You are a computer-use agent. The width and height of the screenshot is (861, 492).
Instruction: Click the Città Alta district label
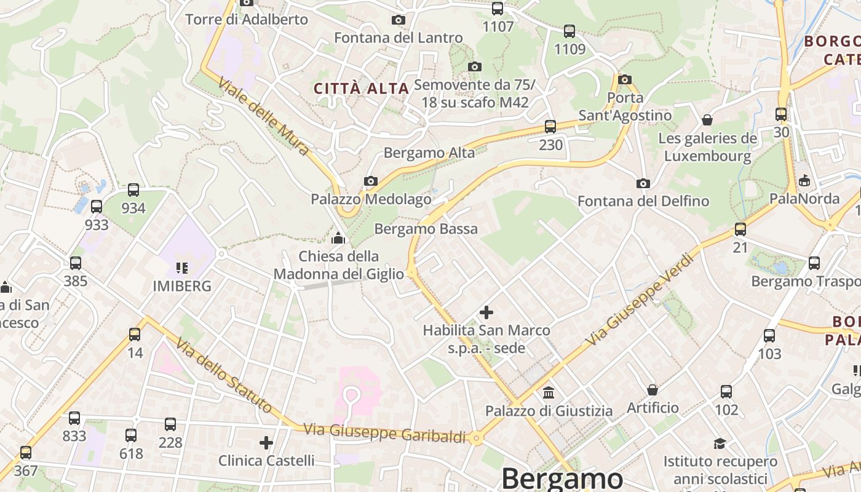pos(362,89)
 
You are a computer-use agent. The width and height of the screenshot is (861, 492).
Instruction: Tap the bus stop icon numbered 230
pos(550,127)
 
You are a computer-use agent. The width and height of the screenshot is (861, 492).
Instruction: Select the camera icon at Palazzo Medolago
pos(370,181)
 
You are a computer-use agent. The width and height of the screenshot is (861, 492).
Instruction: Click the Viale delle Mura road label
pos(264,116)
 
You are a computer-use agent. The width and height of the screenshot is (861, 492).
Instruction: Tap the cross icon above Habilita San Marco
pos(486,312)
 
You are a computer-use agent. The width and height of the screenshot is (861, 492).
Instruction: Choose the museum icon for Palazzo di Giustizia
pos(549,392)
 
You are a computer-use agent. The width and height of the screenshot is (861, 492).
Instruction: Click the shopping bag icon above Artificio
pos(653,390)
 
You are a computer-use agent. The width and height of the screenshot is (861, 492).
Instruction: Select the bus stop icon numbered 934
pos(133,190)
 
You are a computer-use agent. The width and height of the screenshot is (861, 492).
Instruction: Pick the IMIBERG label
pos(182,286)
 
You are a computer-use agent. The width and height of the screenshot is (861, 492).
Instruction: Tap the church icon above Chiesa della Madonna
pos(338,238)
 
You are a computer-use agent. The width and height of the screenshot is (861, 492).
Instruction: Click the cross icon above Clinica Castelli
pos(266,443)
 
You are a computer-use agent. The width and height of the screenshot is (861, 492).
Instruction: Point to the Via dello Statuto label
pos(223,375)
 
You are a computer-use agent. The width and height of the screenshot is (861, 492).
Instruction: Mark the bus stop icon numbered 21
pos(740,229)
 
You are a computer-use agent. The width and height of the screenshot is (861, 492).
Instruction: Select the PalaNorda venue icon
pos(804,180)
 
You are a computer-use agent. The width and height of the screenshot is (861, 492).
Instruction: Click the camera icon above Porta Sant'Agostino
pos(625,79)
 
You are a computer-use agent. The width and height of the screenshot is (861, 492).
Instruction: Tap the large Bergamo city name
pos(562,478)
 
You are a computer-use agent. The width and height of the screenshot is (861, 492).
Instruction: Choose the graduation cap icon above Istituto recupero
pos(720,443)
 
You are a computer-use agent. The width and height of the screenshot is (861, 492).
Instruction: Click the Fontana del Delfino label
pos(643,201)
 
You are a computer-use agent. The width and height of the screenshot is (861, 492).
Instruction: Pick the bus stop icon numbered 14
pos(135,335)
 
